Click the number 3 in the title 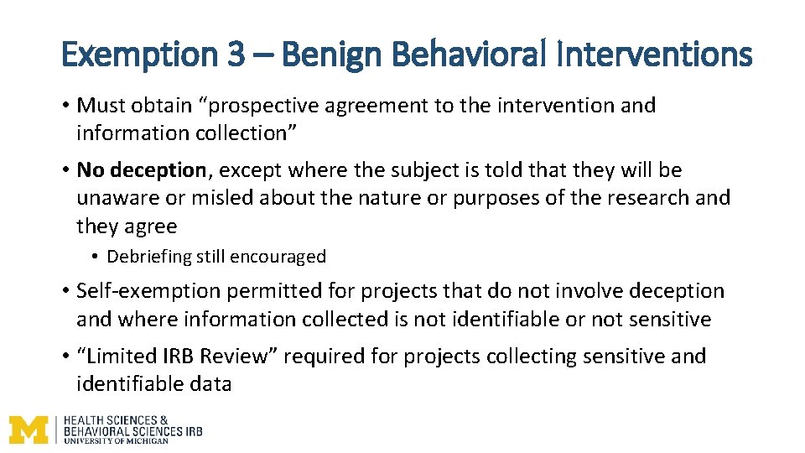coord(237,55)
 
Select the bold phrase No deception coord(141,170)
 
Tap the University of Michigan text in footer coord(116,440)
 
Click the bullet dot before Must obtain coord(65,107)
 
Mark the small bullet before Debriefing coord(97,258)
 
